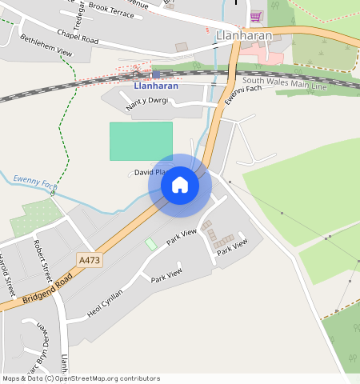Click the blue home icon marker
tap(180, 186)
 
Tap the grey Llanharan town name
tap(244, 36)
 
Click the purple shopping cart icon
tap(256, 16)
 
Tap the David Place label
tap(150, 172)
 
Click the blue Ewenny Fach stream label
tap(34, 183)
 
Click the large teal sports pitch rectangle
tap(141, 141)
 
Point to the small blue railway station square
tap(155, 74)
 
